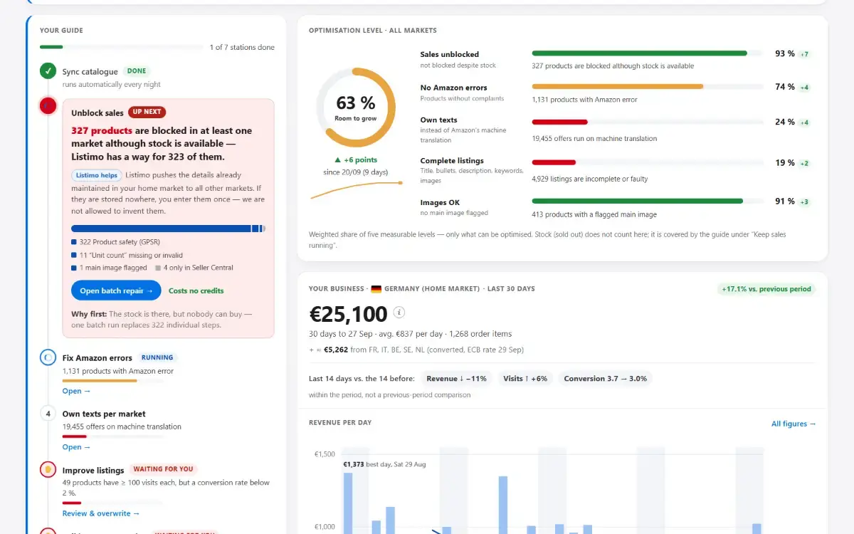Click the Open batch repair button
[x=116, y=290]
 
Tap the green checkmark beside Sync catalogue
[x=48, y=71]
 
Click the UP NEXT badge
[x=147, y=112]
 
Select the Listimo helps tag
[x=97, y=175]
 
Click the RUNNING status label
[x=157, y=357]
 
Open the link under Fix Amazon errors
[x=76, y=391]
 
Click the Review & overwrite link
[x=101, y=513]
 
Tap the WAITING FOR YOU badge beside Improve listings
[x=163, y=468]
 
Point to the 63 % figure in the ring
[x=356, y=103]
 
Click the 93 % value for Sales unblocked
[x=785, y=54]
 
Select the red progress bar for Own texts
[x=559, y=122]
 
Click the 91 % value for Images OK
[x=785, y=201]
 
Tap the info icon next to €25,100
[x=399, y=313]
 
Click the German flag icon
[x=376, y=289]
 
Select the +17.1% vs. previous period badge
[x=766, y=289]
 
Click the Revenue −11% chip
[x=456, y=378]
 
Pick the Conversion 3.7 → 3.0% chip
[x=606, y=378]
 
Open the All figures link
[x=794, y=424]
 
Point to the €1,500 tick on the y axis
[x=325, y=454]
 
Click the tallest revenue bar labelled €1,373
[x=348, y=503]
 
